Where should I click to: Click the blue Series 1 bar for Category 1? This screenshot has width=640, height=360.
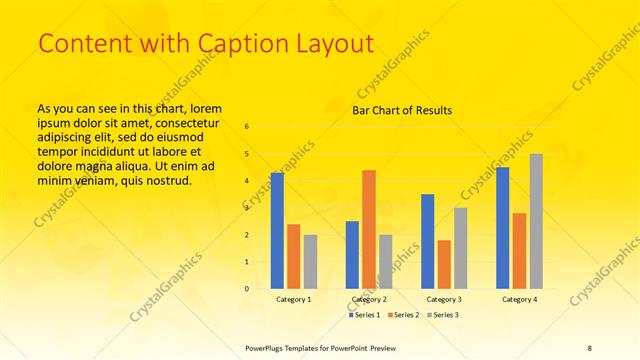tap(277, 230)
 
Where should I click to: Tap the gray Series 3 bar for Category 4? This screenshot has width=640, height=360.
tap(536, 221)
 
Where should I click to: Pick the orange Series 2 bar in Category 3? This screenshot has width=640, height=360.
tap(444, 264)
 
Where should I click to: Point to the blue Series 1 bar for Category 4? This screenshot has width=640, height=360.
tap(503, 228)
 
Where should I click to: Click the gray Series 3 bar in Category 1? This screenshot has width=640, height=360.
tap(310, 261)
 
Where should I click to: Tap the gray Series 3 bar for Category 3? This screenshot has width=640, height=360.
tap(461, 248)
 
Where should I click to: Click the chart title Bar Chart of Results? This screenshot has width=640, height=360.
tap(402, 110)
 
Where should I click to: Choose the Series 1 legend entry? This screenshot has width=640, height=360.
tap(363, 315)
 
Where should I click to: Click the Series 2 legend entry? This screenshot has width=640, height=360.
tap(403, 315)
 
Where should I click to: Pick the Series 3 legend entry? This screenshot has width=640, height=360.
tap(443, 315)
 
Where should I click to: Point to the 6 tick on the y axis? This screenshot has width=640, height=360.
tap(247, 126)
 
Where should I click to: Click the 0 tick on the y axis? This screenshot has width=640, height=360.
tap(247, 289)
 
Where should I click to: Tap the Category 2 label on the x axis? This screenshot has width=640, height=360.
tap(369, 299)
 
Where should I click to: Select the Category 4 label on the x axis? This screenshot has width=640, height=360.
tap(519, 299)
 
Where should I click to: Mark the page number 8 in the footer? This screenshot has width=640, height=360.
tap(589, 347)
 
